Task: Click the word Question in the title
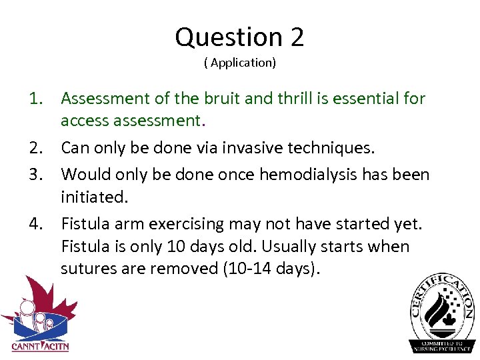click(229, 37)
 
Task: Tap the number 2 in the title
click(297, 37)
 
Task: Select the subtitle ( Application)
click(240, 63)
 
